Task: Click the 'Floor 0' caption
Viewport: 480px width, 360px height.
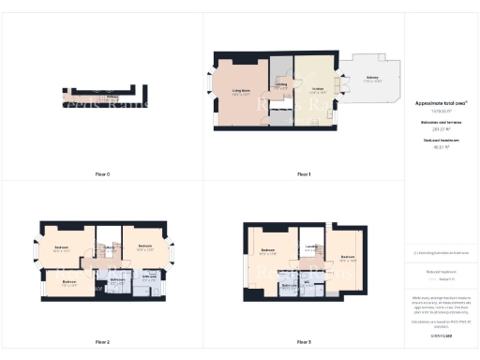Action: pyautogui.click(x=103, y=174)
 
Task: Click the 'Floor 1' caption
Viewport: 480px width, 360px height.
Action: pyautogui.click(x=304, y=174)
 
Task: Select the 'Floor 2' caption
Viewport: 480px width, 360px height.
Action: pyautogui.click(x=103, y=341)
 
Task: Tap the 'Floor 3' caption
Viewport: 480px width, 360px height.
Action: pyautogui.click(x=304, y=341)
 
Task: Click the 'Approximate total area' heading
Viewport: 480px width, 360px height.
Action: pyautogui.click(x=441, y=102)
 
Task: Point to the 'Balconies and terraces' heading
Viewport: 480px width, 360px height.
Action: pyautogui.click(x=441, y=123)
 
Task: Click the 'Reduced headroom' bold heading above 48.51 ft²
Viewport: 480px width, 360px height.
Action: pyautogui.click(x=441, y=141)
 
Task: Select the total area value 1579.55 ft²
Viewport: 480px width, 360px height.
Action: pyautogui.click(x=441, y=111)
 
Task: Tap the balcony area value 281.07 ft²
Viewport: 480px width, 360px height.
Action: pyautogui.click(x=441, y=130)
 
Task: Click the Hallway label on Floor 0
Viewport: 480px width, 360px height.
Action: pyautogui.click(x=111, y=97)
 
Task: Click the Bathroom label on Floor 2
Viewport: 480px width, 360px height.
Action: pyautogui.click(x=118, y=278)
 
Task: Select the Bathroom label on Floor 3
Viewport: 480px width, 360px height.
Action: pyautogui.click(x=291, y=286)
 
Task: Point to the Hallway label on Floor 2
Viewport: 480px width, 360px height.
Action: pyautogui.click(x=111, y=247)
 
